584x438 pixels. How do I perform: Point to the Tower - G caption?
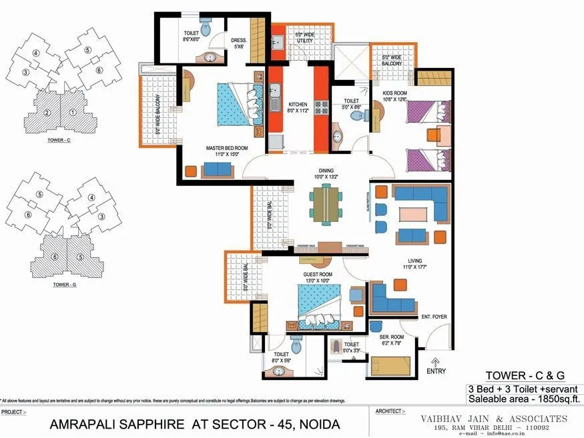[63, 285]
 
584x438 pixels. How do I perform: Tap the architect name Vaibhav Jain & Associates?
[493, 418]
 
